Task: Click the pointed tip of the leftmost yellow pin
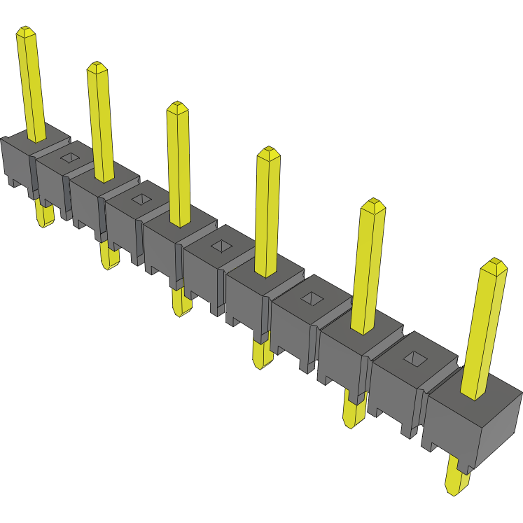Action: [26, 32]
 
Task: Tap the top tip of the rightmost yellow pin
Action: [496, 263]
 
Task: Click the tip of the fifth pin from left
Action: [374, 204]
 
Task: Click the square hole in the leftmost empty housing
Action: [70, 158]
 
